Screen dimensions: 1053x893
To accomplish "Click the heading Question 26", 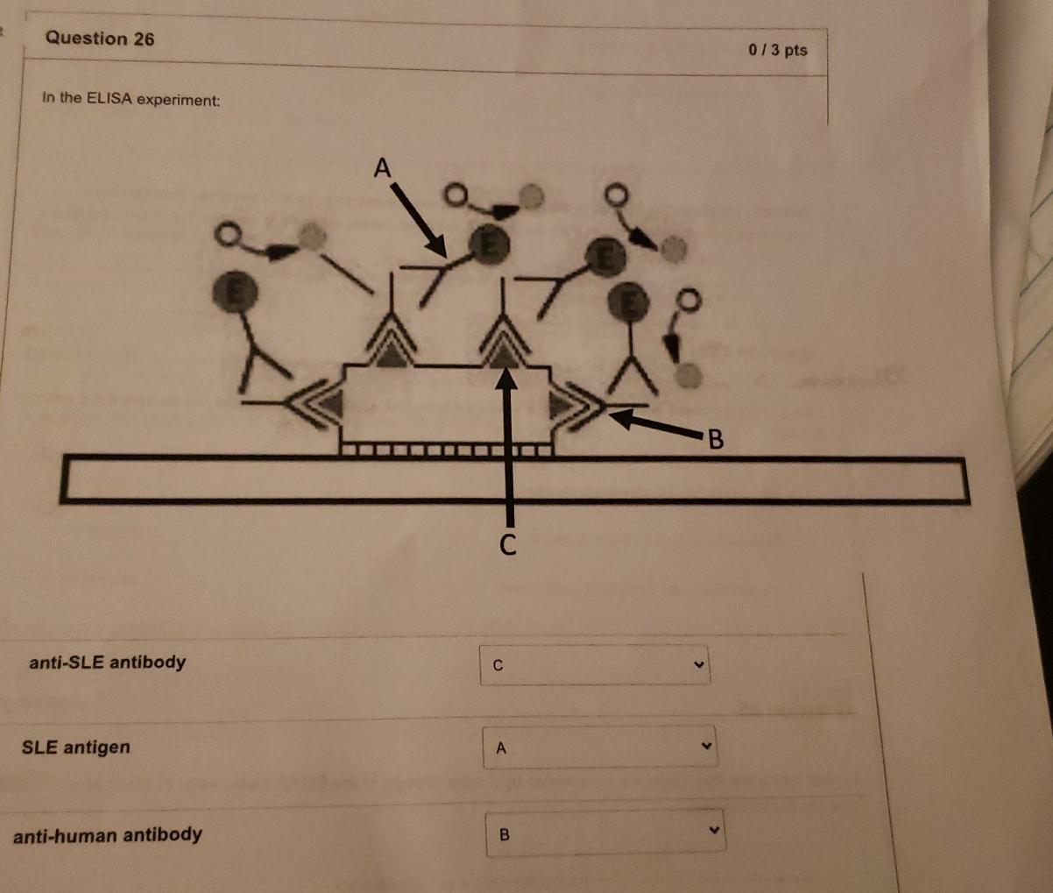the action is (100, 39).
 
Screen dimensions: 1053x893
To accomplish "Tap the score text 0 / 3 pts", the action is (778, 50).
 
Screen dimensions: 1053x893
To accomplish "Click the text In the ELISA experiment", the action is (131, 99).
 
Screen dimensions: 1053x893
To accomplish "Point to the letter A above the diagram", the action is (382, 167).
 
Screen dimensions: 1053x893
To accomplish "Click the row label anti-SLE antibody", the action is (108, 662).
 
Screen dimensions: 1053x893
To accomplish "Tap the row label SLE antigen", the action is (76, 748).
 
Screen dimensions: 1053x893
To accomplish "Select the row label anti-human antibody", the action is (108, 834).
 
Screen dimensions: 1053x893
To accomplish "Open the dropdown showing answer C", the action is (595, 665).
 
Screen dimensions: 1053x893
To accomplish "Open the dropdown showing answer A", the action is (599, 748).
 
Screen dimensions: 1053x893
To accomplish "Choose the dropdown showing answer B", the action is (604, 833).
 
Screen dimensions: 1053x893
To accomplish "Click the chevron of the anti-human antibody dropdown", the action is (713, 831).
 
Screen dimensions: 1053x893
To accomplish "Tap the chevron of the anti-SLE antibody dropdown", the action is (698, 663).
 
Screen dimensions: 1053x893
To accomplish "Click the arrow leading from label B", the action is (657, 424).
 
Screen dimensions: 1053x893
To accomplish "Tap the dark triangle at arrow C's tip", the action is (502, 355).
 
